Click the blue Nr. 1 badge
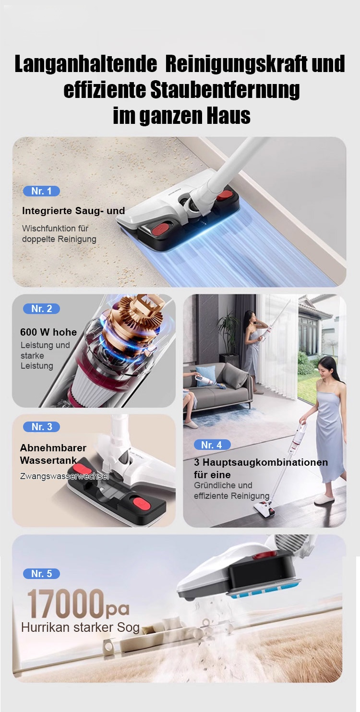(x=41, y=191)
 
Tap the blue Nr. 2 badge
(x=41, y=309)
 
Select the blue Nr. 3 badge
(x=41, y=426)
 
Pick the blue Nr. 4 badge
(x=211, y=445)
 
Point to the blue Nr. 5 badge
(x=41, y=573)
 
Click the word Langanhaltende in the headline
(x=86, y=64)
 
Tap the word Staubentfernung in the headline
(x=225, y=90)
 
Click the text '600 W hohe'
(x=48, y=332)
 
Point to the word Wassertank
(x=48, y=460)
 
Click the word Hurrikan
(x=45, y=627)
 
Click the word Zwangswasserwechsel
(x=64, y=476)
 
